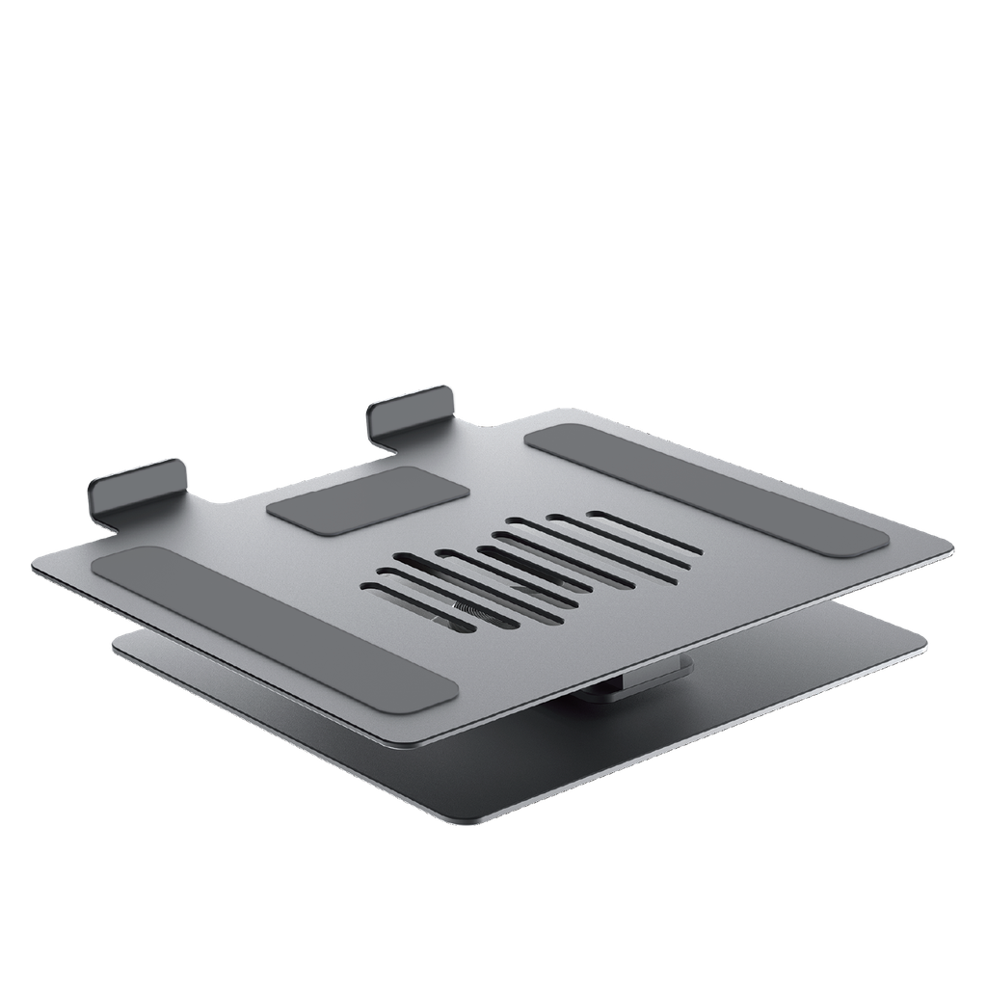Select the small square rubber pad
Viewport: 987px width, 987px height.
(368, 497)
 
